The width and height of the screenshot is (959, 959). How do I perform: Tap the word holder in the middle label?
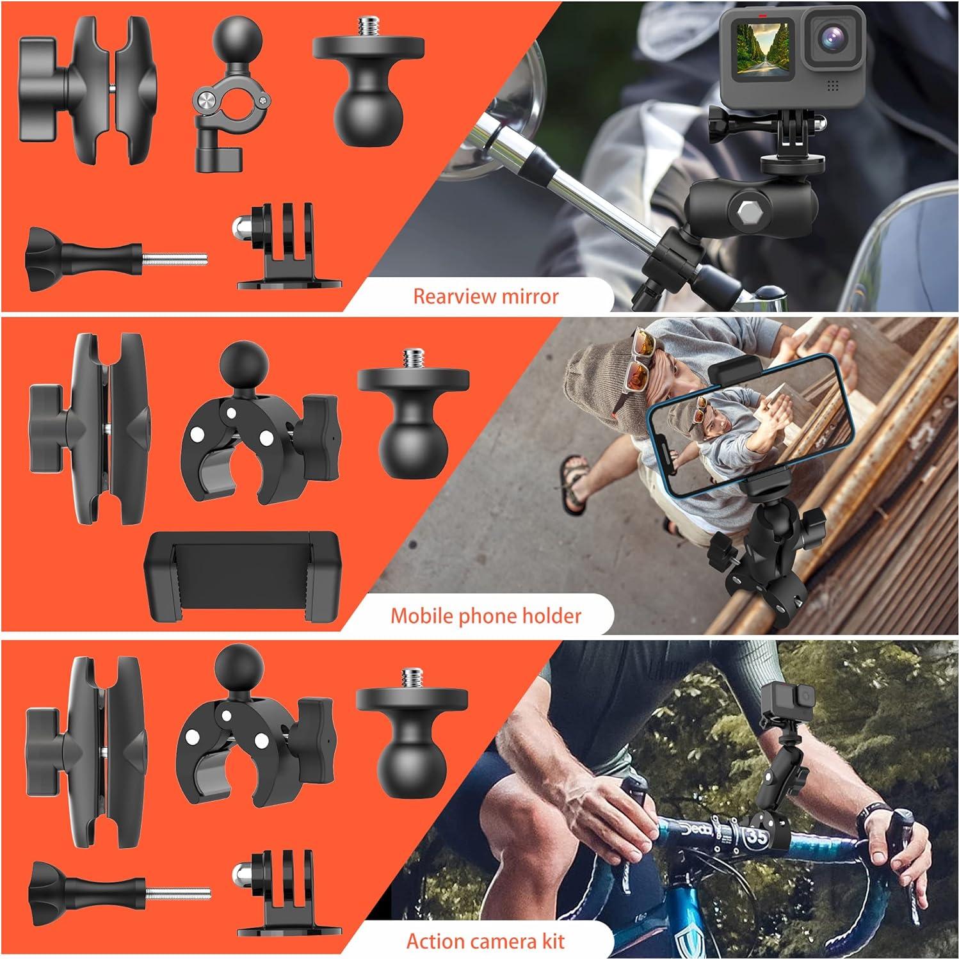[551, 616]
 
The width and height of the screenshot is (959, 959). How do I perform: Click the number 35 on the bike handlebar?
[757, 836]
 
